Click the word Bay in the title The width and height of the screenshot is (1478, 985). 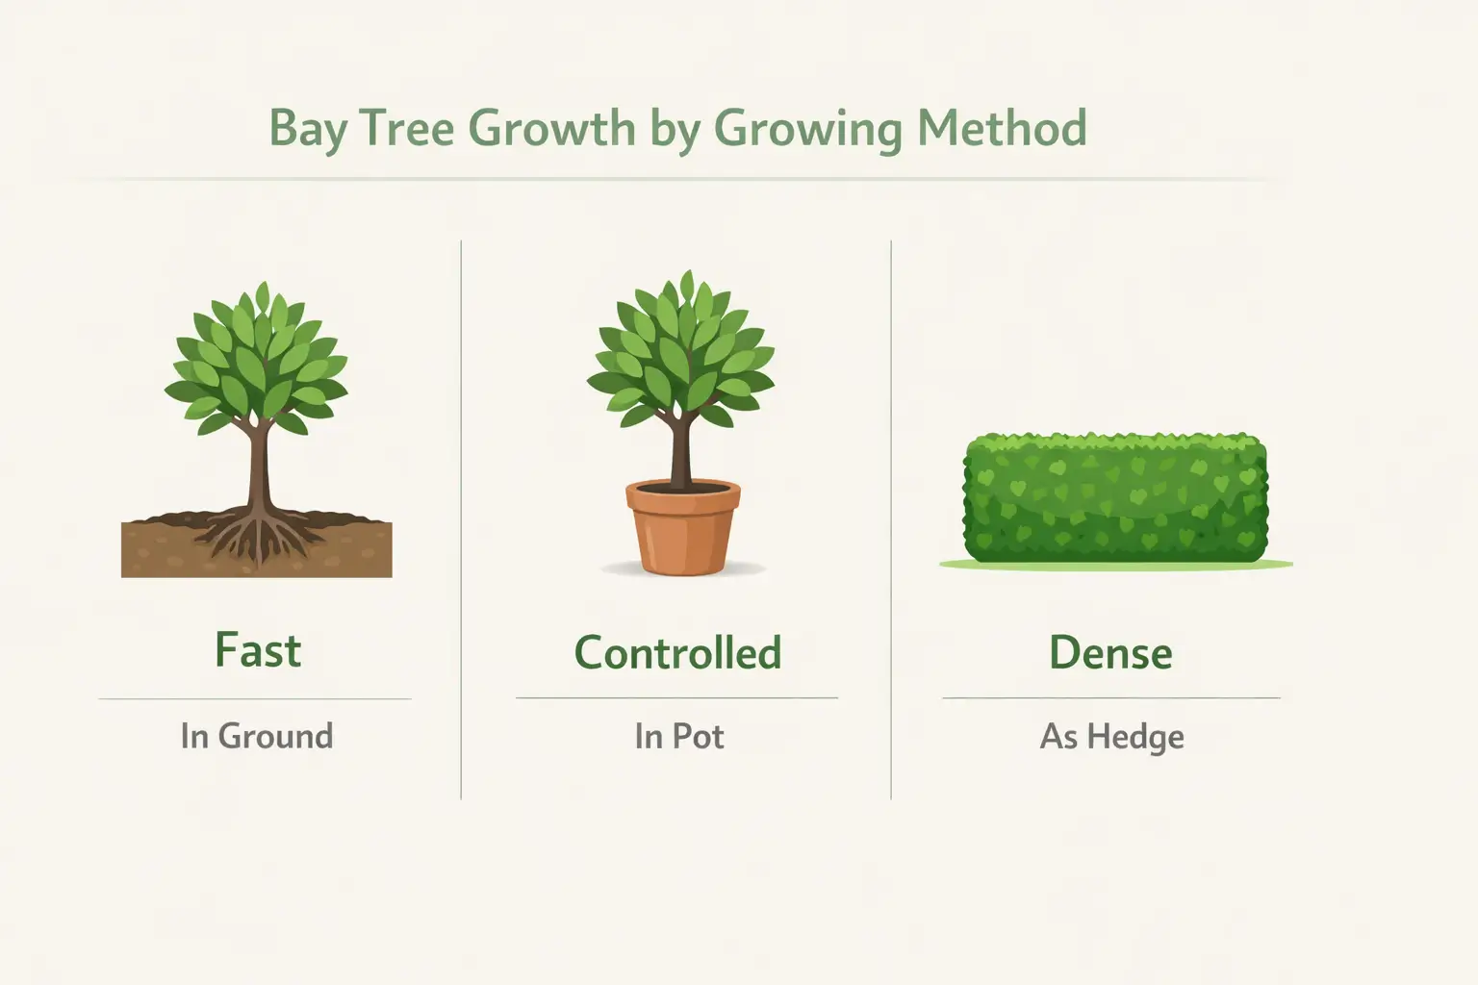(x=307, y=129)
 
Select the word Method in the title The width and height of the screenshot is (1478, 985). (x=1001, y=129)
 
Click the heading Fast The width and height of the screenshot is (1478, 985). (x=257, y=651)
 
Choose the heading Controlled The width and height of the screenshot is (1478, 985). (x=677, y=653)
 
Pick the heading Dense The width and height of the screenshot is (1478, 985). (x=1110, y=653)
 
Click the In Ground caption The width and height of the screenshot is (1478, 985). (x=256, y=737)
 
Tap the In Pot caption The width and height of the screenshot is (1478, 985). (x=678, y=737)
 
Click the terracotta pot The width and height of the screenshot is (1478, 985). (x=682, y=529)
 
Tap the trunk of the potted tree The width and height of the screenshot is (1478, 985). (x=681, y=452)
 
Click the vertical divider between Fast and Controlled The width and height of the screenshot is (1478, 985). (x=461, y=519)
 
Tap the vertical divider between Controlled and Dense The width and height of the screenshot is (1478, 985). (x=891, y=519)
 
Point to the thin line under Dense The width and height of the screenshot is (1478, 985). (x=1110, y=697)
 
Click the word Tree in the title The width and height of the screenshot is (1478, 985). (x=408, y=129)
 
